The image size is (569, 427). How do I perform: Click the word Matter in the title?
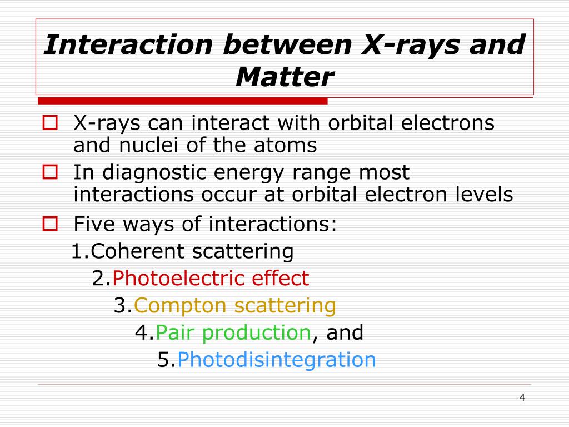point(284,77)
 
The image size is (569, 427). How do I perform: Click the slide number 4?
point(521,398)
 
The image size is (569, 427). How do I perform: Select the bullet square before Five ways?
point(51,224)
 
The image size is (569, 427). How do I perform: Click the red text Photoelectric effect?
point(211,278)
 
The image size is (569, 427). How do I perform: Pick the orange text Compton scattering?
point(234,305)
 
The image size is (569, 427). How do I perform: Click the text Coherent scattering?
point(192,251)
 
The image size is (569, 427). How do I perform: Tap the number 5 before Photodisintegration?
point(163,360)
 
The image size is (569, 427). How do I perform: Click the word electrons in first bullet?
point(447,122)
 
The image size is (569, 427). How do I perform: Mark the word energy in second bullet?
point(249,173)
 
